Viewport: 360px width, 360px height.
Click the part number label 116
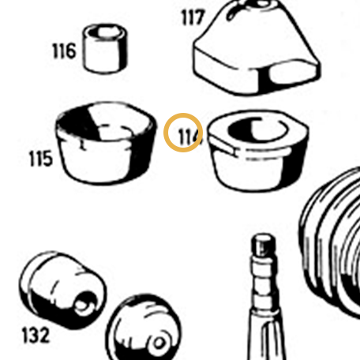point(65,51)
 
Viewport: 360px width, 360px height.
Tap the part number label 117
point(193,17)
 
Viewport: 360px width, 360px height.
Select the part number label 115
point(41,159)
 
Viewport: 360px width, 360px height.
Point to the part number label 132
point(36,336)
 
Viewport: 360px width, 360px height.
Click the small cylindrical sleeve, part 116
point(105,48)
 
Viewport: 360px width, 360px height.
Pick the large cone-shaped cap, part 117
point(257,47)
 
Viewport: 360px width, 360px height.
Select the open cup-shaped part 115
point(106,143)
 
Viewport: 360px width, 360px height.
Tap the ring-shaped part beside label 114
point(258,150)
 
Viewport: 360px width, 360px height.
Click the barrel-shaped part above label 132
point(62,290)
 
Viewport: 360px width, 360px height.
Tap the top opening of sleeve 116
point(106,32)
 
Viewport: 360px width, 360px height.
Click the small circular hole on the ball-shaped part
point(159,343)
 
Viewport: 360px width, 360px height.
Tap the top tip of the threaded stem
point(264,234)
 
